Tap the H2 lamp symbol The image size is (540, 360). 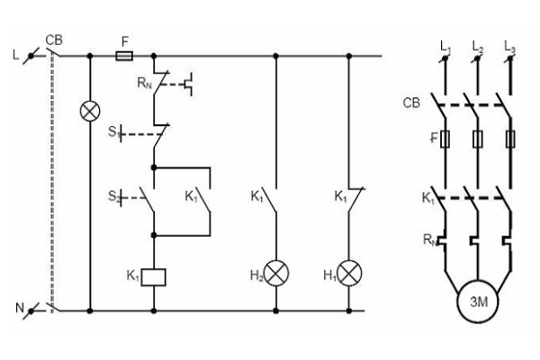[x=275, y=274]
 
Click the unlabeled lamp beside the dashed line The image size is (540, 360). [x=90, y=112]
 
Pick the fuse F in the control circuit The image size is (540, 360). [x=127, y=55]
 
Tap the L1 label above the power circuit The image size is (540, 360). [x=445, y=45]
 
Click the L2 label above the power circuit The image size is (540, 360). [x=478, y=45]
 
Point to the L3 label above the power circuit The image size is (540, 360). [x=510, y=45]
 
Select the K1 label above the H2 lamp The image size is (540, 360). [x=257, y=194]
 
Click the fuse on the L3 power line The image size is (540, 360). [x=511, y=140]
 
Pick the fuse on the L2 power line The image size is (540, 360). [x=478, y=140]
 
